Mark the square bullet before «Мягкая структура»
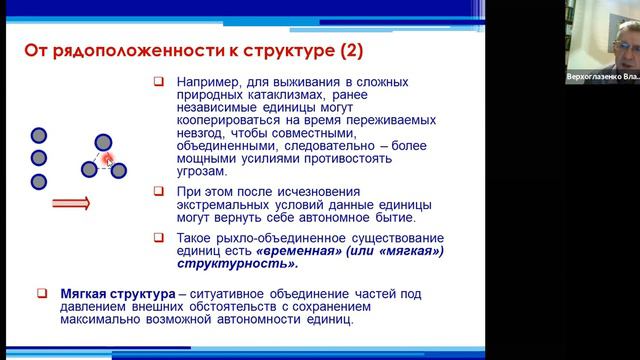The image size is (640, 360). tap(40, 293)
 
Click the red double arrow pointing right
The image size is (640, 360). tap(71, 204)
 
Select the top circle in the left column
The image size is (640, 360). tap(39, 135)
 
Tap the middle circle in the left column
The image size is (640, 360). tap(39, 158)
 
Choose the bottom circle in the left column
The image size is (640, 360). tap(39, 181)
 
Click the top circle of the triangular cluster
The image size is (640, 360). tap(104, 142)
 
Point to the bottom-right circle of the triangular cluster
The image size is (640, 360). tap(119, 170)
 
